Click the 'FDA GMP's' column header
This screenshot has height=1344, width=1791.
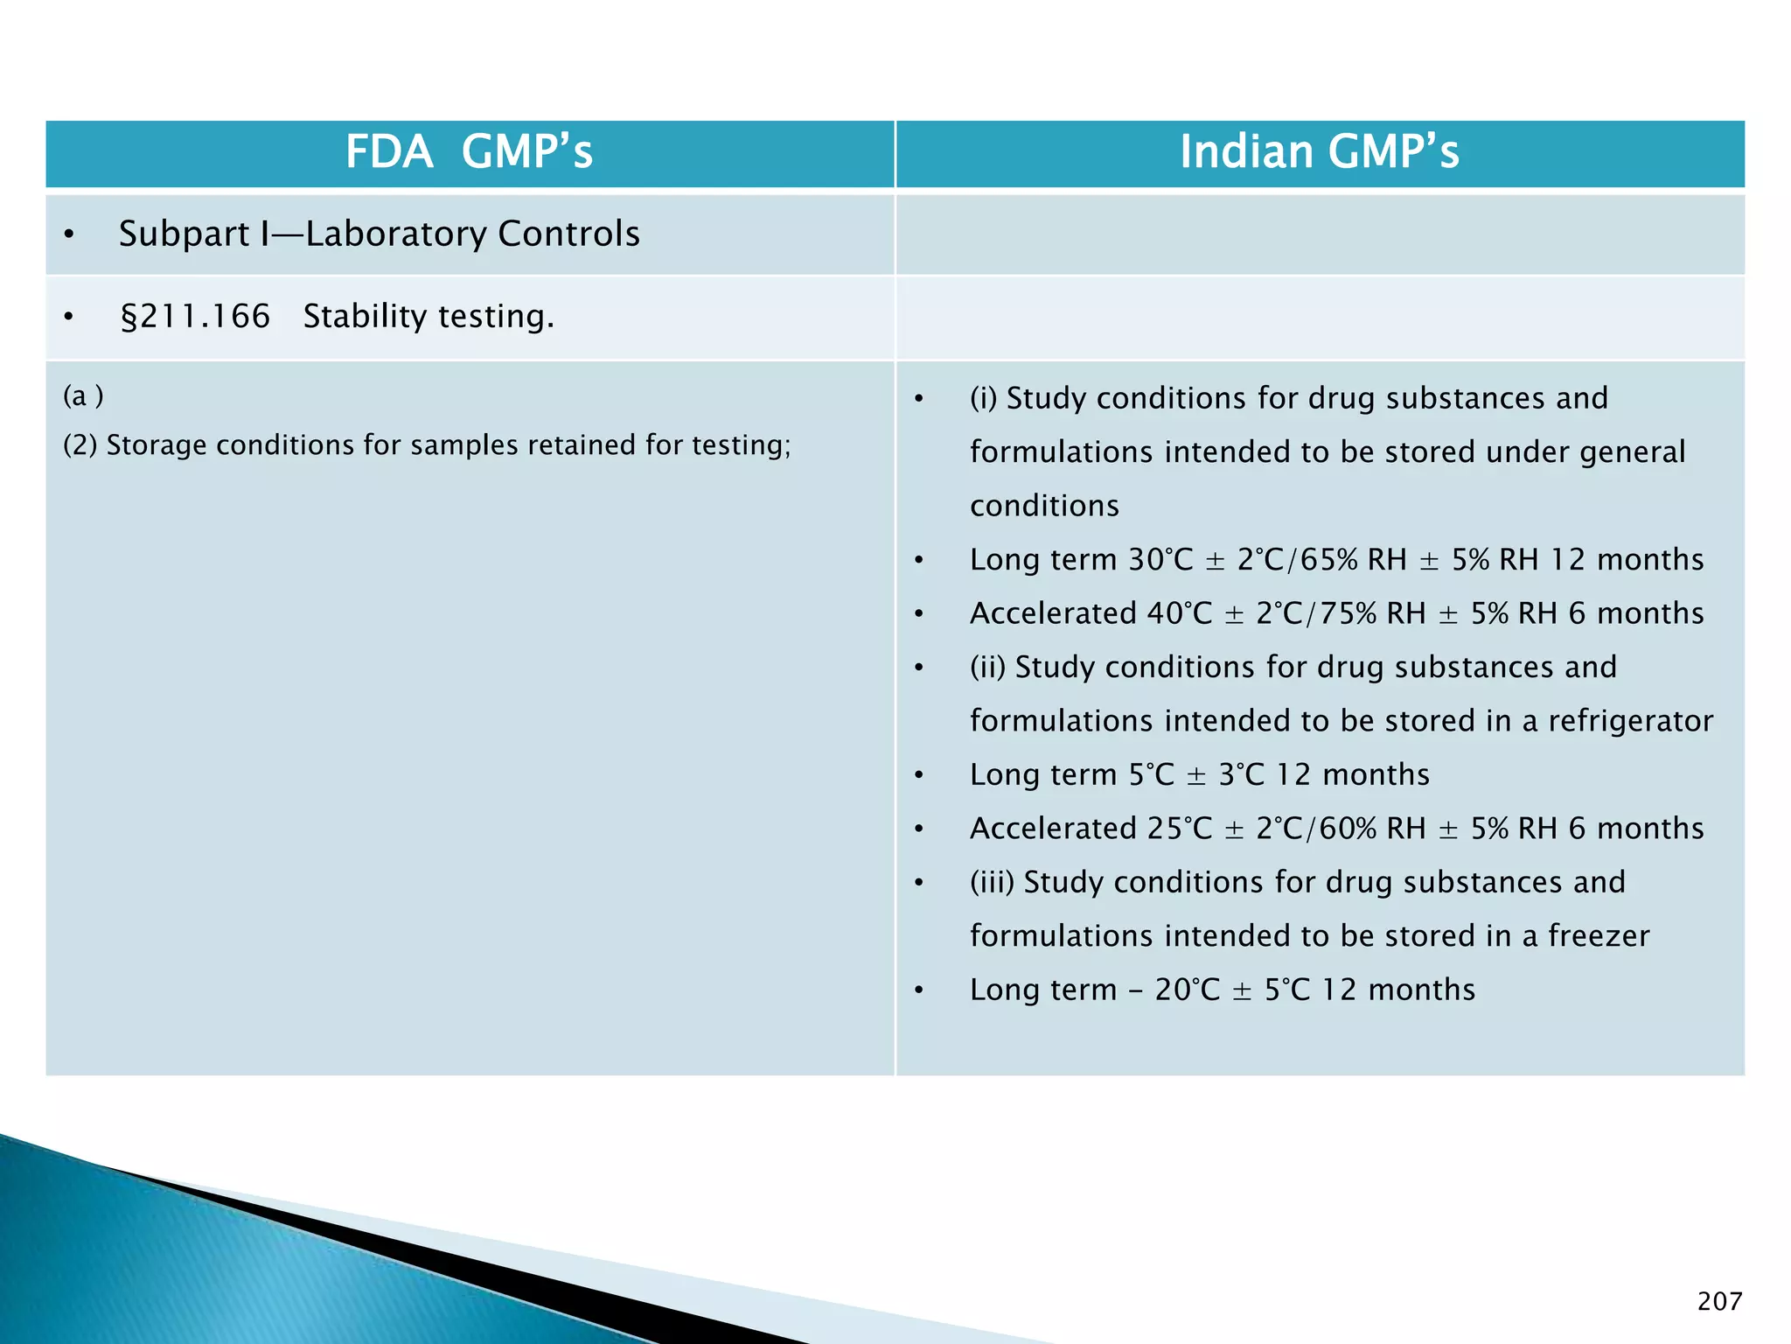click(x=469, y=152)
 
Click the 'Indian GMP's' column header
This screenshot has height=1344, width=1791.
click(x=1319, y=152)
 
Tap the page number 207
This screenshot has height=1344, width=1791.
click(x=1719, y=1301)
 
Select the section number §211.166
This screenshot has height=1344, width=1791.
click(x=195, y=317)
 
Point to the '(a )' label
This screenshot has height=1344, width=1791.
click(x=83, y=396)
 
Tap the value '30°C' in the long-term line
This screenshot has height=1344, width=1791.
click(x=1160, y=560)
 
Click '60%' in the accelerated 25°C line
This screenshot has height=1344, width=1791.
click(x=1348, y=829)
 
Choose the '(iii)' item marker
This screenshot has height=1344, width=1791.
click(x=992, y=882)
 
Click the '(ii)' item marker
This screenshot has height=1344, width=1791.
click(x=987, y=668)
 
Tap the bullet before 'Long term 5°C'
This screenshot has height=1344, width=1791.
click(x=918, y=776)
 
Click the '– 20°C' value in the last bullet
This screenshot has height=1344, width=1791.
click(x=1172, y=990)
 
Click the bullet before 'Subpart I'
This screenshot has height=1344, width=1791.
click(x=69, y=235)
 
